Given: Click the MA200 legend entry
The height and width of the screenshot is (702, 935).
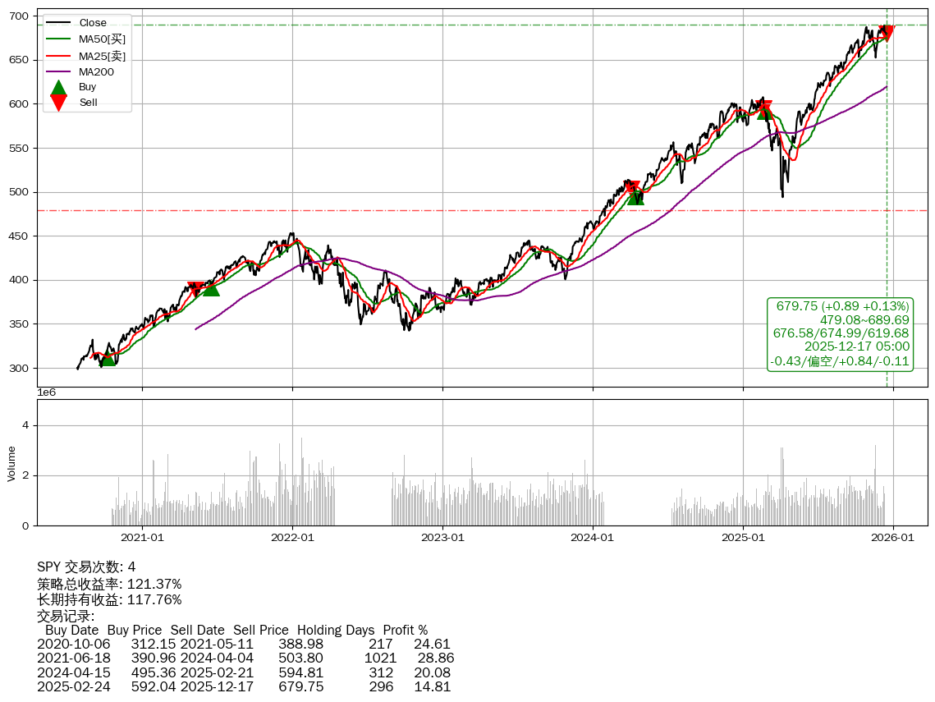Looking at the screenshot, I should (96, 72).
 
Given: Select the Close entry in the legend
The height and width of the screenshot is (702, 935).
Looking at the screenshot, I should (93, 23).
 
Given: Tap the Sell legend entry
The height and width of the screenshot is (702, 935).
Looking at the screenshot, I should (88, 103).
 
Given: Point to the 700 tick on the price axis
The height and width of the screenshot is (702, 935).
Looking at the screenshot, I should (21, 16).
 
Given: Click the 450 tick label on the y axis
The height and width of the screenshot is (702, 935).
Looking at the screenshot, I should (21, 236).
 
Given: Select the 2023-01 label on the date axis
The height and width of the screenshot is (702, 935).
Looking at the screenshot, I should (442, 539).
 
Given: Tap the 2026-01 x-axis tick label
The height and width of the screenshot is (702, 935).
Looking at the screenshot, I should (892, 539).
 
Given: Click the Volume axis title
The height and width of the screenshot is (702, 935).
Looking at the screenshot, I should (11, 463).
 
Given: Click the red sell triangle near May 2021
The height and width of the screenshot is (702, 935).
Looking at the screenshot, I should (195, 289).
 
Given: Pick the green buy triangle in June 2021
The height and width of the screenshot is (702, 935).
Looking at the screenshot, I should (211, 287).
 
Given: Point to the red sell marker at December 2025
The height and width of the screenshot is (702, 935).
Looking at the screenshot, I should (886, 33).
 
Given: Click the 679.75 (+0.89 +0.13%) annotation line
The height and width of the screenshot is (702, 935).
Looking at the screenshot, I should (842, 305).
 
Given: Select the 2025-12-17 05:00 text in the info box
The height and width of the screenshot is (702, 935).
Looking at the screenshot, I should (857, 347).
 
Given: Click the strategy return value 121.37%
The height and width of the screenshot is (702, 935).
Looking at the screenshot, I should (154, 585).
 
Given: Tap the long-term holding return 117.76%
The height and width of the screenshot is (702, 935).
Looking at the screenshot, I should (154, 600).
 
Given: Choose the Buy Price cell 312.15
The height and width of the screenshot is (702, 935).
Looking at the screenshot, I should (154, 645).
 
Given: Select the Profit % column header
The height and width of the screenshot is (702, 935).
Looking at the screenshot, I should (406, 631).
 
